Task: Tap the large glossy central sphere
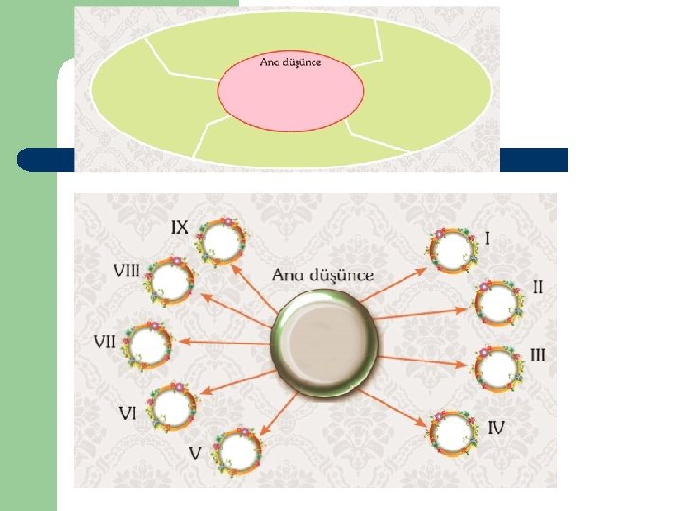click(325, 344)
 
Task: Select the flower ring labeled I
click(452, 250)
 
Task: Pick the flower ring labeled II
click(497, 302)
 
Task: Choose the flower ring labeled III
click(497, 368)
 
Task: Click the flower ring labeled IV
click(454, 432)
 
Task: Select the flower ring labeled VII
click(147, 345)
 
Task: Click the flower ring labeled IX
click(222, 238)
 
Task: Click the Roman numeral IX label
click(180, 227)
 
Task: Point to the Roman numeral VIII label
click(126, 271)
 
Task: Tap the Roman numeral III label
click(537, 356)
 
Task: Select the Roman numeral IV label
click(495, 428)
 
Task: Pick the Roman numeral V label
click(195, 453)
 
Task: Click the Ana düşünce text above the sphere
click(323, 276)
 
